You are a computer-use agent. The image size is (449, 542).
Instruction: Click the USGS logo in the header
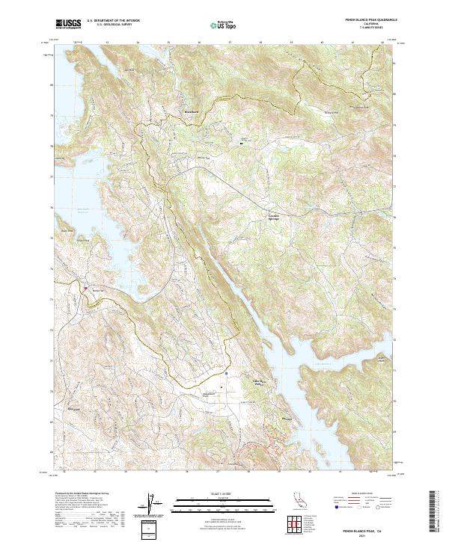point(68,24)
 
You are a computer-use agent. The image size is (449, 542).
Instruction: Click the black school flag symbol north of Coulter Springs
point(241,141)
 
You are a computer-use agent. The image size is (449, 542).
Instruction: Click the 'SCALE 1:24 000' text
point(224,493)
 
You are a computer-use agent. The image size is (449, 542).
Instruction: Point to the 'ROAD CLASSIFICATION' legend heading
point(361,494)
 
